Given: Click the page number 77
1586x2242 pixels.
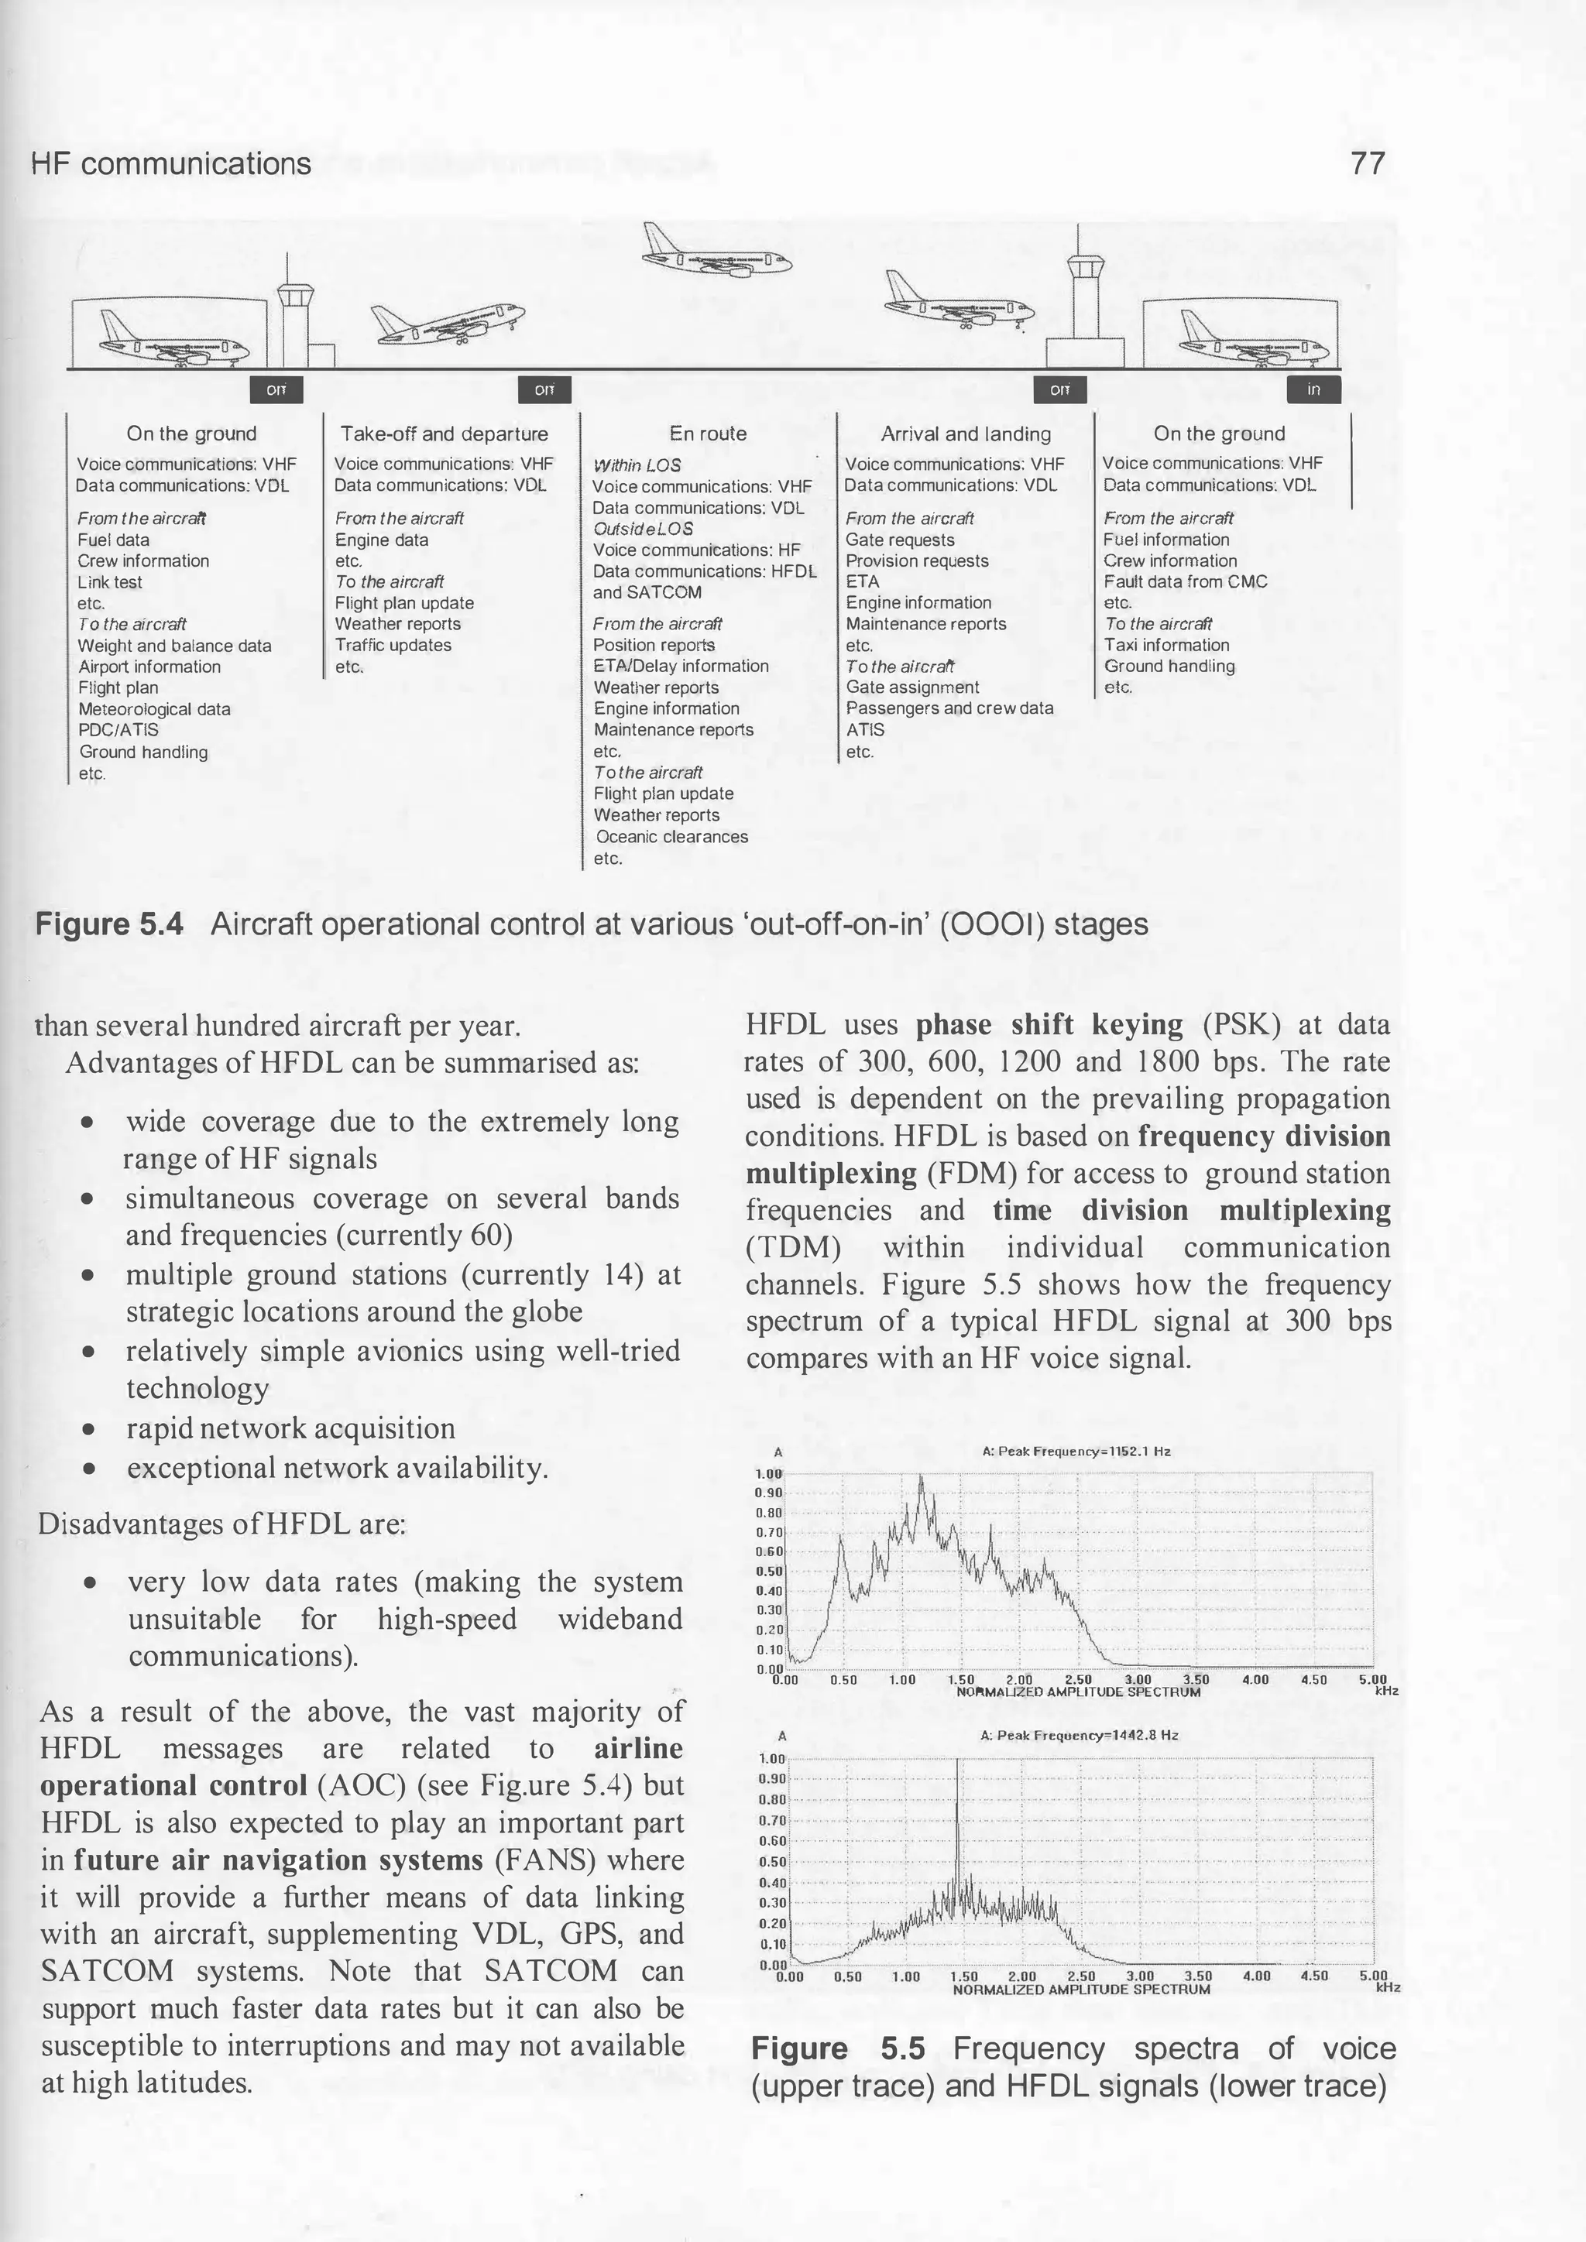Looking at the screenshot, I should click(1368, 163).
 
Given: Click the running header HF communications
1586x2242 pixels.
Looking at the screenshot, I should click(171, 163).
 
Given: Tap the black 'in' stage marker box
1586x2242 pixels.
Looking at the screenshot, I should click(1313, 389).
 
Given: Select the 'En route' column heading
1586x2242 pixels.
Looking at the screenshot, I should click(707, 434).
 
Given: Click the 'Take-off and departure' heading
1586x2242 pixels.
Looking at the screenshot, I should click(445, 434).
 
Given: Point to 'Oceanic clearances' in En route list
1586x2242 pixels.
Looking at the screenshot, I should click(672, 837).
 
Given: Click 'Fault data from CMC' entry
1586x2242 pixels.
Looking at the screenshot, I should click(1185, 582).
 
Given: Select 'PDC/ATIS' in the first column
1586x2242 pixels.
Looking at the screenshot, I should click(118, 730).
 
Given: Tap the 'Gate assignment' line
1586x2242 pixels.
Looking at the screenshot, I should click(912, 687).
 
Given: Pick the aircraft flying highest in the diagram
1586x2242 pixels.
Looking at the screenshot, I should click(716, 252).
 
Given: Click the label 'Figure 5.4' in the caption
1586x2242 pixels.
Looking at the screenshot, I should click(109, 924).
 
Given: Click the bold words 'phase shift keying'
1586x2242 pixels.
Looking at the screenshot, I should click(1049, 1024).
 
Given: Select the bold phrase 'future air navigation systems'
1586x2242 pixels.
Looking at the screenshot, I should click(278, 1860).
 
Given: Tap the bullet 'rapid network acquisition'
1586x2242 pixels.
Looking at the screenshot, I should click(290, 1428).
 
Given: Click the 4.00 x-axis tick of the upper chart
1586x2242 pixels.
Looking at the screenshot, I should click(1255, 1681).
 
